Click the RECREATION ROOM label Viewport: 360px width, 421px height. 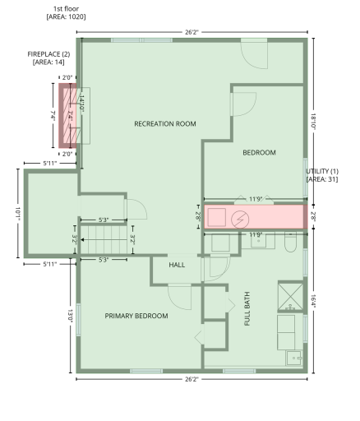[x=165, y=124]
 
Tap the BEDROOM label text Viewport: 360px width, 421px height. [x=259, y=153]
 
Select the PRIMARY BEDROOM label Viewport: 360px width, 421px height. [x=136, y=316]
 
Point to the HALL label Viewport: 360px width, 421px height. [x=177, y=265]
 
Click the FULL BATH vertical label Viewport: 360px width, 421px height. [x=247, y=308]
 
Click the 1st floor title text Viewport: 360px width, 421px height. [x=66, y=9]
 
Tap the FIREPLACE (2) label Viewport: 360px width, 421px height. [x=48, y=54]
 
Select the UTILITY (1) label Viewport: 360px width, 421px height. [x=322, y=171]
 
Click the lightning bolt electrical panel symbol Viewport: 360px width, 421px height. [x=240, y=220]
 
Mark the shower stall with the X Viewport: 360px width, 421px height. [x=291, y=296]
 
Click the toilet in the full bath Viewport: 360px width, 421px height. [x=290, y=243]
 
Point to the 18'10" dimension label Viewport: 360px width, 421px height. [x=314, y=122]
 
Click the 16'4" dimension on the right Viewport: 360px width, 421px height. [x=314, y=301]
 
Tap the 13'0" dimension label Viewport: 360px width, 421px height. [x=70, y=316]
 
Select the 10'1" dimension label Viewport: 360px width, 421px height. [x=18, y=214]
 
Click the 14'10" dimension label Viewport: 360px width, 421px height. [x=81, y=103]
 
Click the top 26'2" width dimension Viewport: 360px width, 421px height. [x=192, y=32]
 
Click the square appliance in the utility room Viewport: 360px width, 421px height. [x=217, y=217]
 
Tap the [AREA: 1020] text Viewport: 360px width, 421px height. [x=66, y=17]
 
